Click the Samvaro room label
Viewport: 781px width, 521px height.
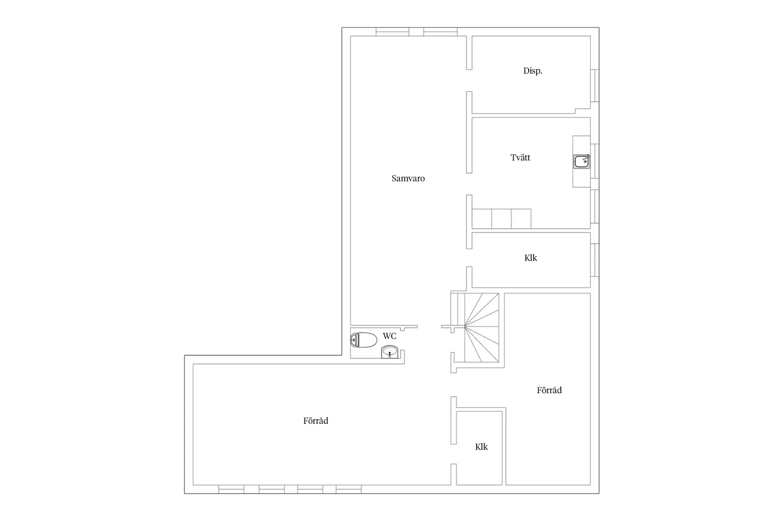pyautogui.click(x=408, y=179)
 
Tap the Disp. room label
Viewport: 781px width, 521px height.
pyautogui.click(x=532, y=71)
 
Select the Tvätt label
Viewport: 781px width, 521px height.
pyautogui.click(x=520, y=158)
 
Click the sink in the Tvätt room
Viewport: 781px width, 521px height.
pyautogui.click(x=582, y=162)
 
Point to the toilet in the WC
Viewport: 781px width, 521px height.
pyautogui.click(x=363, y=340)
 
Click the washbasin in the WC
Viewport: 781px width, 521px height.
pyautogui.click(x=390, y=352)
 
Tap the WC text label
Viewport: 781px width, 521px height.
pyautogui.click(x=390, y=336)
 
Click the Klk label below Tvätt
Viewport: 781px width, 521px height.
pyautogui.click(x=531, y=258)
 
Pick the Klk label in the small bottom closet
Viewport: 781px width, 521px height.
pyautogui.click(x=481, y=447)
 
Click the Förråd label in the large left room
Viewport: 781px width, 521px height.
pyautogui.click(x=316, y=421)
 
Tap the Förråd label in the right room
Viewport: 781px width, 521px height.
pyautogui.click(x=549, y=390)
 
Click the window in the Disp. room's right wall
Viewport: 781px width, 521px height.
pyautogui.click(x=595, y=86)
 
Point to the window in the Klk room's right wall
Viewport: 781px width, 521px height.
pyautogui.click(x=595, y=260)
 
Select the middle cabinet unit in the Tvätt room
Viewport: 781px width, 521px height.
pyautogui.click(x=501, y=219)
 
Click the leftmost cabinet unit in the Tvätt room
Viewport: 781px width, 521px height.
pyautogui.click(x=482, y=219)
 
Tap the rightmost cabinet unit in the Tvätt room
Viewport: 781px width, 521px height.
pyautogui.click(x=521, y=219)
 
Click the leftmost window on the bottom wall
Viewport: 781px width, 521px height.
pyautogui.click(x=232, y=489)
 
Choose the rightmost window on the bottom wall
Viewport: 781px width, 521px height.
pyautogui.click(x=348, y=489)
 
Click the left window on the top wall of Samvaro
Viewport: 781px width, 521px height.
pyautogui.click(x=392, y=32)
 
